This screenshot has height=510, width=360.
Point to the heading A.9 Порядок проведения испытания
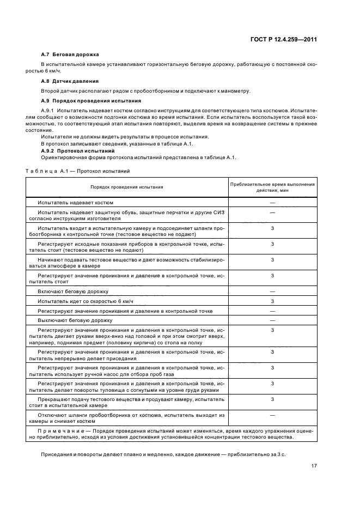pyautogui.click(x=83, y=101)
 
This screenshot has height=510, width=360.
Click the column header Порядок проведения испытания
pyautogui.click(x=126, y=187)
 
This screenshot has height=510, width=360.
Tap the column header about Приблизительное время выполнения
pyautogui.click(x=272, y=187)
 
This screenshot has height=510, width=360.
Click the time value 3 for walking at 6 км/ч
pyautogui.click(x=272, y=301)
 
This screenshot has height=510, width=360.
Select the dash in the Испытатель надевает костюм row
pyautogui.click(x=272, y=202)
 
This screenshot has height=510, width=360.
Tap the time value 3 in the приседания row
pyautogui.click(x=272, y=351)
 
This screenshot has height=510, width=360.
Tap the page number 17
pyautogui.click(x=314, y=465)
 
